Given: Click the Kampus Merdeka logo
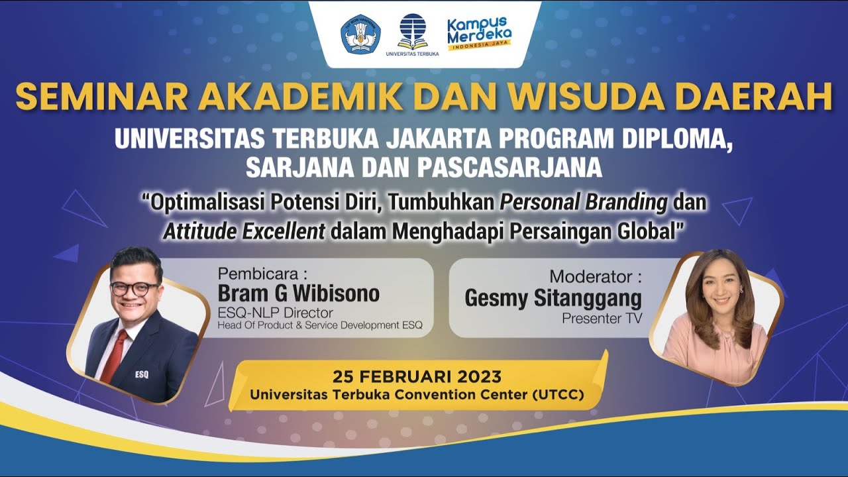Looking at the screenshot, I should point(479,34).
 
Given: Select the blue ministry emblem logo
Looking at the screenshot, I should point(360,34).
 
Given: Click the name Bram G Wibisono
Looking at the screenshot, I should point(299,293).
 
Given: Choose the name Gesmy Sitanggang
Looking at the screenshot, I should point(553,299).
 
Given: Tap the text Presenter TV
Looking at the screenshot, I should point(602,318).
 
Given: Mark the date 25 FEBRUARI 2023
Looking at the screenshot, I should point(417,377).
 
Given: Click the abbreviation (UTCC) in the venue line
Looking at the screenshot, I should point(558,395).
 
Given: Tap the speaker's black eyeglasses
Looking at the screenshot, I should point(134,289).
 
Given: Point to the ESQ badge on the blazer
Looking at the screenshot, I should point(141,374).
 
